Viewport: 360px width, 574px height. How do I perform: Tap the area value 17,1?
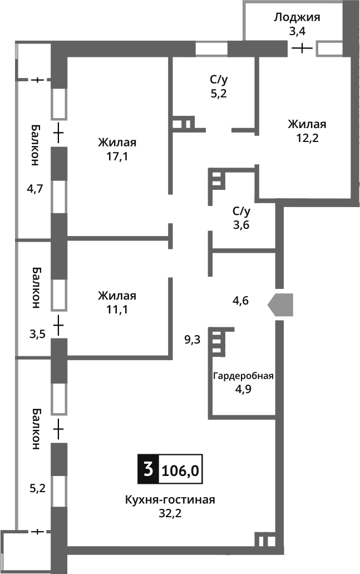tap(117, 156)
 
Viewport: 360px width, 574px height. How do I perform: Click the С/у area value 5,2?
tap(218, 94)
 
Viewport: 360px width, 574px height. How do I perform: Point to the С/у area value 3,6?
tap(240, 225)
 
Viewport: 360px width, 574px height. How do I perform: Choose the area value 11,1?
tap(117, 310)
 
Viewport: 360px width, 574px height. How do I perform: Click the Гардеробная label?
tap(243, 375)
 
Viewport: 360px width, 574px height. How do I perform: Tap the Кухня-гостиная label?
tap(170, 499)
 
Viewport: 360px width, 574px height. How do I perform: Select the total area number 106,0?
tap(180, 471)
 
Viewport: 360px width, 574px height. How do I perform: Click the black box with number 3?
tap(148, 470)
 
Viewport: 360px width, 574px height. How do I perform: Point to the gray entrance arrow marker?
tap(280, 305)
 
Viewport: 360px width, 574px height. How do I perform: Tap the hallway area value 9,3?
tap(193, 339)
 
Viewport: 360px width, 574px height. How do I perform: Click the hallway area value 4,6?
tap(240, 301)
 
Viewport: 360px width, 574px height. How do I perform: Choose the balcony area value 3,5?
tap(37, 335)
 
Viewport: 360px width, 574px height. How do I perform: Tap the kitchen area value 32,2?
tap(170, 513)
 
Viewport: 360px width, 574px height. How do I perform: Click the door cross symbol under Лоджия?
tap(302, 48)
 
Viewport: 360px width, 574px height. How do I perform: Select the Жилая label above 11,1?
tap(117, 296)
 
